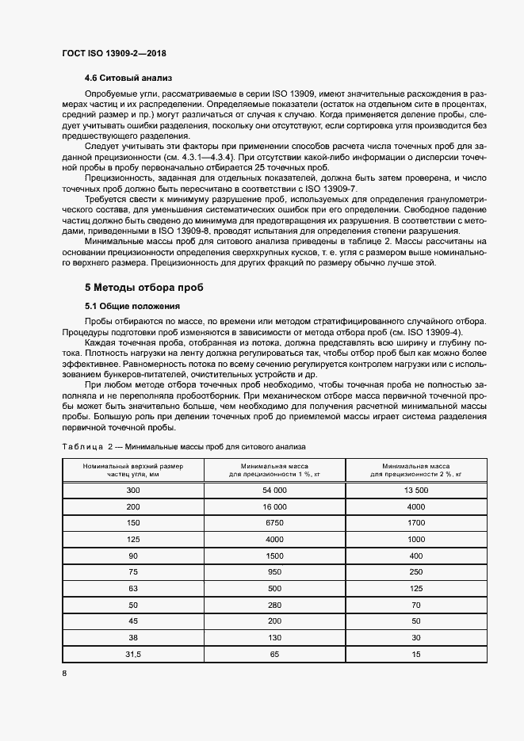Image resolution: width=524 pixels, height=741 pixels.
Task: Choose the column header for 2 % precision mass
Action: (x=416, y=470)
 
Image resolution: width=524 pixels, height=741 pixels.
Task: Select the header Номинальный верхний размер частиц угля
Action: (x=132, y=470)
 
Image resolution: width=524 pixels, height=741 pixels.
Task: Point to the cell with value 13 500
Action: (x=416, y=491)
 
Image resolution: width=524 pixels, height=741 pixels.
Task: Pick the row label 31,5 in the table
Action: (x=132, y=655)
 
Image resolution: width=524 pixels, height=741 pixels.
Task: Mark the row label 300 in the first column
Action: (x=132, y=491)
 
